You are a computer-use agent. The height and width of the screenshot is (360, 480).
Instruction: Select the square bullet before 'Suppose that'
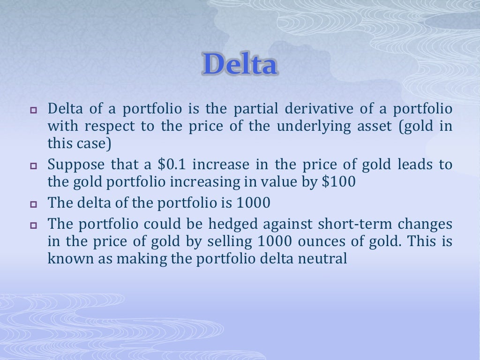pyautogui.click(x=33, y=166)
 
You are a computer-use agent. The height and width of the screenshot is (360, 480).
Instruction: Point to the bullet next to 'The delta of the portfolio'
pyautogui.click(x=33, y=204)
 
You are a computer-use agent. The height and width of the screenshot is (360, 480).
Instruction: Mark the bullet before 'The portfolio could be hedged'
pyautogui.click(x=33, y=225)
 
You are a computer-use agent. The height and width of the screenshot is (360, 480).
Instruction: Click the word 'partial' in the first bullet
pyautogui.click(x=252, y=109)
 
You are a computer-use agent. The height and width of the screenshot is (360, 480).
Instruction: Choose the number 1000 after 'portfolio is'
pyautogui.click(x=254, y=203)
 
